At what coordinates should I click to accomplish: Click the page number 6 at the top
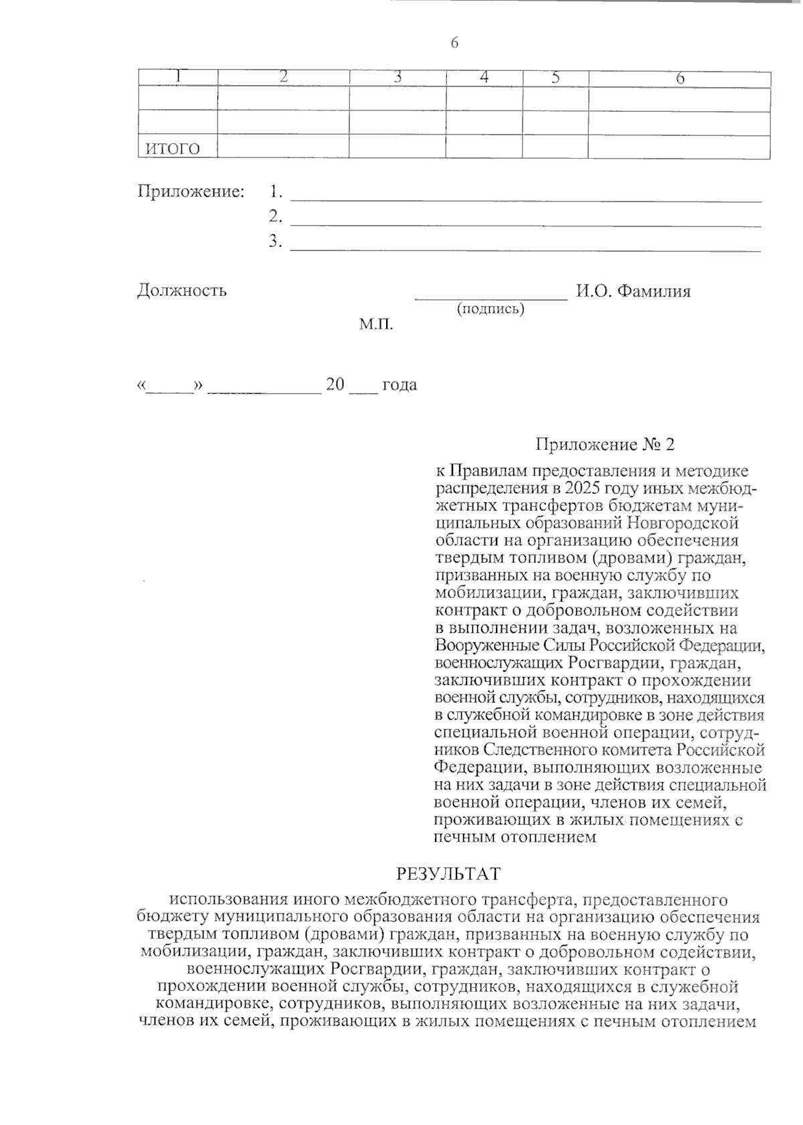(454, 44)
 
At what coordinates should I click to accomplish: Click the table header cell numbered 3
(397, 78)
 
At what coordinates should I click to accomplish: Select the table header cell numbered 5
(555, 78)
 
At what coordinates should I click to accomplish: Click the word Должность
(182, 291)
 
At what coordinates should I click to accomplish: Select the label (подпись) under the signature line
(490, 309)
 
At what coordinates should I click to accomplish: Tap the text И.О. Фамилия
(633, 291)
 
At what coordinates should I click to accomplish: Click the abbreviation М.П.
(376, 325)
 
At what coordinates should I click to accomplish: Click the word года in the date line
(399, 385)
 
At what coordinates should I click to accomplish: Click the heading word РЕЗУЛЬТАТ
(448, 875)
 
